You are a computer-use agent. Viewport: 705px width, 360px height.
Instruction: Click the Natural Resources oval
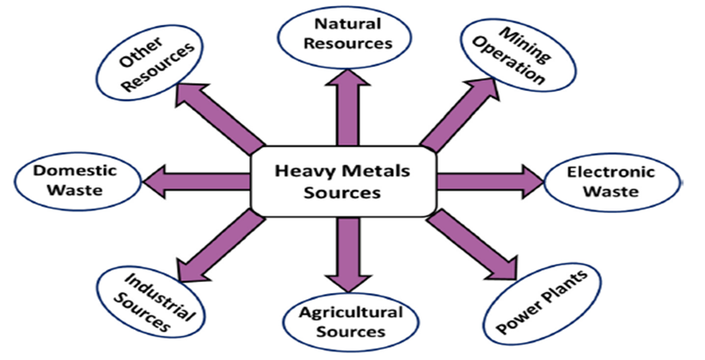345,35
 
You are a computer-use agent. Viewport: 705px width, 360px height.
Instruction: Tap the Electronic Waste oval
611,182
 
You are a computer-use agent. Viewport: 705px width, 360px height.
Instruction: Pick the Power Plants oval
543,302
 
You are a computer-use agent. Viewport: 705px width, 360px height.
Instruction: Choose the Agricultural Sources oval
351,322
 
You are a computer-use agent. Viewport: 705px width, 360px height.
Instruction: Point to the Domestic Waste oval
78,180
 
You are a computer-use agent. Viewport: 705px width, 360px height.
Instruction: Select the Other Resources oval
150,63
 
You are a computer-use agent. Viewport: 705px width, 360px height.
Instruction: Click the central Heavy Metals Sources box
342,182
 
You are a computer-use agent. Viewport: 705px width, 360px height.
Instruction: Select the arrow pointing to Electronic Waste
490,182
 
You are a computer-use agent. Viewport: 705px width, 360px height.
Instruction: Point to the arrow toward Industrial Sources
220,246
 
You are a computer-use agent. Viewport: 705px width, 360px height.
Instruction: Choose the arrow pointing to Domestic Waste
197,181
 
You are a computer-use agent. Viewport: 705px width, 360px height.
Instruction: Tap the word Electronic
611,172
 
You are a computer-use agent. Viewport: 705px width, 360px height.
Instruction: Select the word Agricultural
351,313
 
